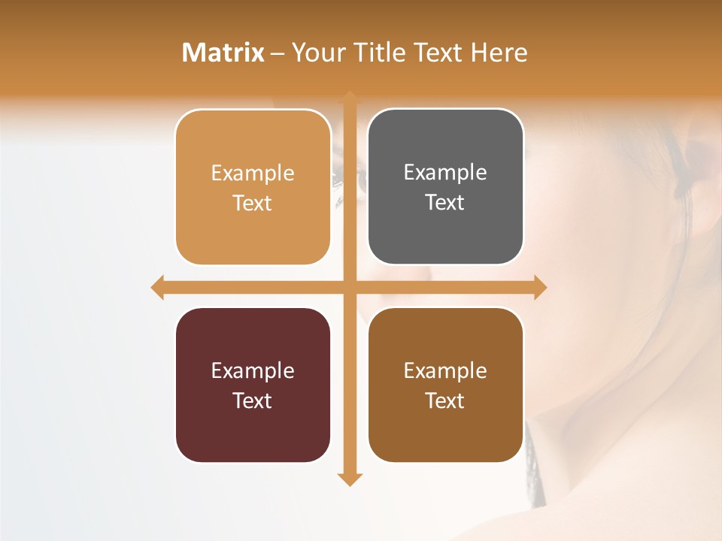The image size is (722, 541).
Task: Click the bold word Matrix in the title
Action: pyautogui.click(x=223, y=53)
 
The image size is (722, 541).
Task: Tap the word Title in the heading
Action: pyautogui.click(x=372, y=53)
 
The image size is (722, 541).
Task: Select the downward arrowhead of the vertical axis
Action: pyautogui.click(x=350, y=479)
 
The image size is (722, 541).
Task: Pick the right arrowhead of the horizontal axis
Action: pyautogui.click(x=539, y=288)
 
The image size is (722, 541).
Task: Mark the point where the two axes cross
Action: pyautogui.click(x=350, y=288)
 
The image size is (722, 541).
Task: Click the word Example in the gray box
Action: pyautogui.click(x=445, y=173)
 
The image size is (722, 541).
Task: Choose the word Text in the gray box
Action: pyautogui.click(x=445, y=203)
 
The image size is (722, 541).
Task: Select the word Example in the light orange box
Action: pyautogui.click(x=253, y=174)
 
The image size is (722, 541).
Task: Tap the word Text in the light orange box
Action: pyautogui.click(x=253, y=204)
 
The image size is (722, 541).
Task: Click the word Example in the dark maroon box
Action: pyautogui.click(x=253, y=370)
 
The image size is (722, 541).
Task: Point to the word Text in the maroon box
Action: pyautogui.click(x=253, y=400)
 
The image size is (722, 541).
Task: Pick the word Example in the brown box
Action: pyautogui.click(x=445, y=370)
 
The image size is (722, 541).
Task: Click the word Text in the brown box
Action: pyautogui.click(x=445, y=400)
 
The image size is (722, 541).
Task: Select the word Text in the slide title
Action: pyautogui.click(x=441, y=53)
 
